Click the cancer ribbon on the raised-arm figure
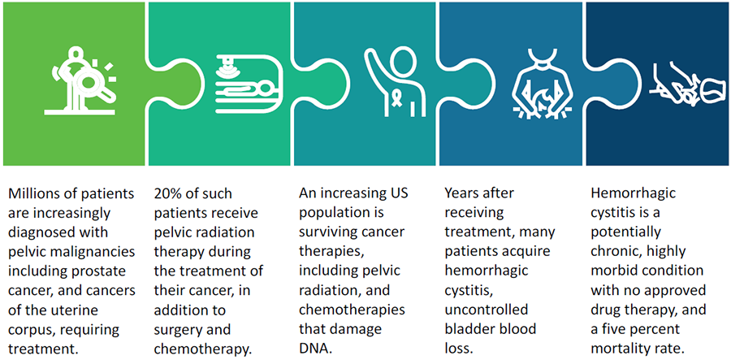396,99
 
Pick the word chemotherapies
352,310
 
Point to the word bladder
469,329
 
